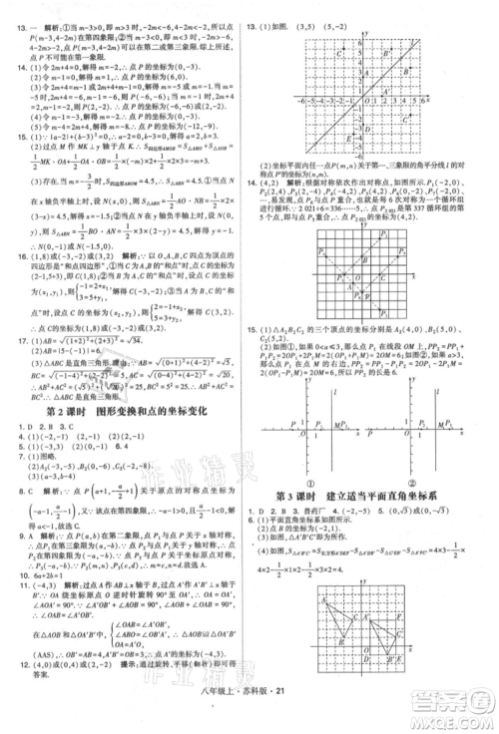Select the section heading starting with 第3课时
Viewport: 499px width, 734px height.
[370, 495]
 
